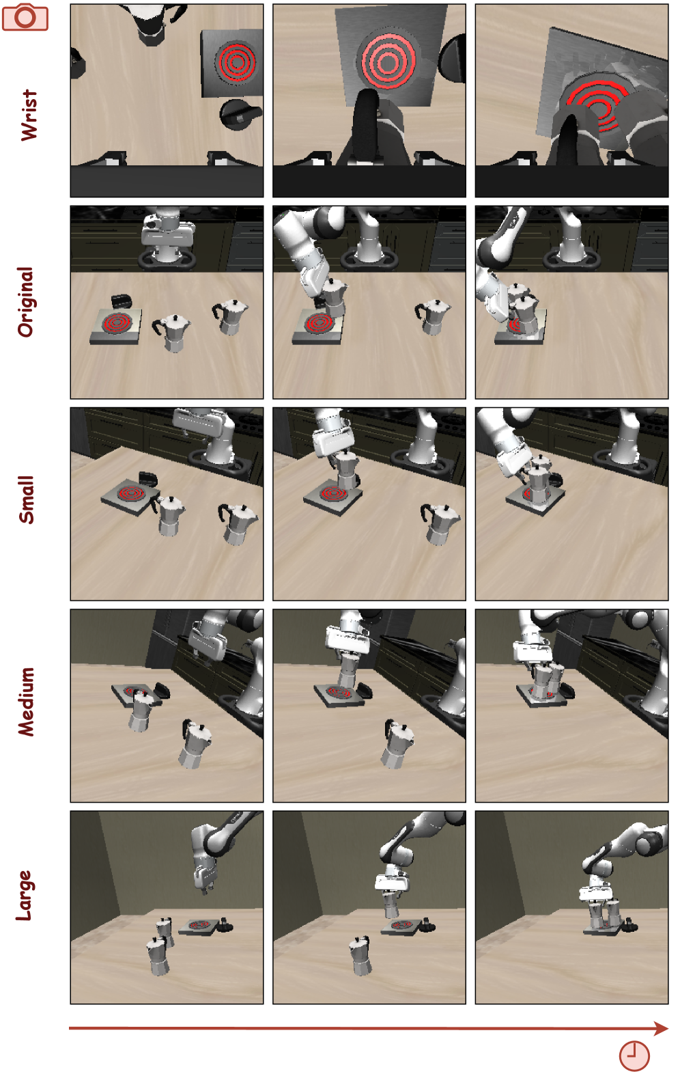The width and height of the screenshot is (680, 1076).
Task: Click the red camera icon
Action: coord(25,17)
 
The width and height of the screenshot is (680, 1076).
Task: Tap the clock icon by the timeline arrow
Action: coord(634,1056)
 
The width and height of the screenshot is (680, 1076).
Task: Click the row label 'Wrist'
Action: coord(28,115)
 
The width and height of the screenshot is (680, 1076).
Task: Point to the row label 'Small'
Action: coord(27,499)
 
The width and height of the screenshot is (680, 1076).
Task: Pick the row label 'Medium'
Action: coord(27,702)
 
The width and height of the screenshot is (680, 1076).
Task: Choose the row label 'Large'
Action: coord(25,896)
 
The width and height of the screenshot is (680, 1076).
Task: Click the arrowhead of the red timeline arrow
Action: coord(662,1028)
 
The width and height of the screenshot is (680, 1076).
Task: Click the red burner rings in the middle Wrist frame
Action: coord(388,61)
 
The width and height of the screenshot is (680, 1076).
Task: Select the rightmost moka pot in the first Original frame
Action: coord(230,316)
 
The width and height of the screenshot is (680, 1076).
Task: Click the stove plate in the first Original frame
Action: coord(116,326)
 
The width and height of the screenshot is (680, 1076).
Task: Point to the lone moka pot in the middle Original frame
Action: coord(432,317)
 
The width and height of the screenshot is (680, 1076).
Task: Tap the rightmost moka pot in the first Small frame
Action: coord(238,523)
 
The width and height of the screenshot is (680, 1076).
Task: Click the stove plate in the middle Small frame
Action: coord(332,497)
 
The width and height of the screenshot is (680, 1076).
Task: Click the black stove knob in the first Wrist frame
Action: coord(240,114)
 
